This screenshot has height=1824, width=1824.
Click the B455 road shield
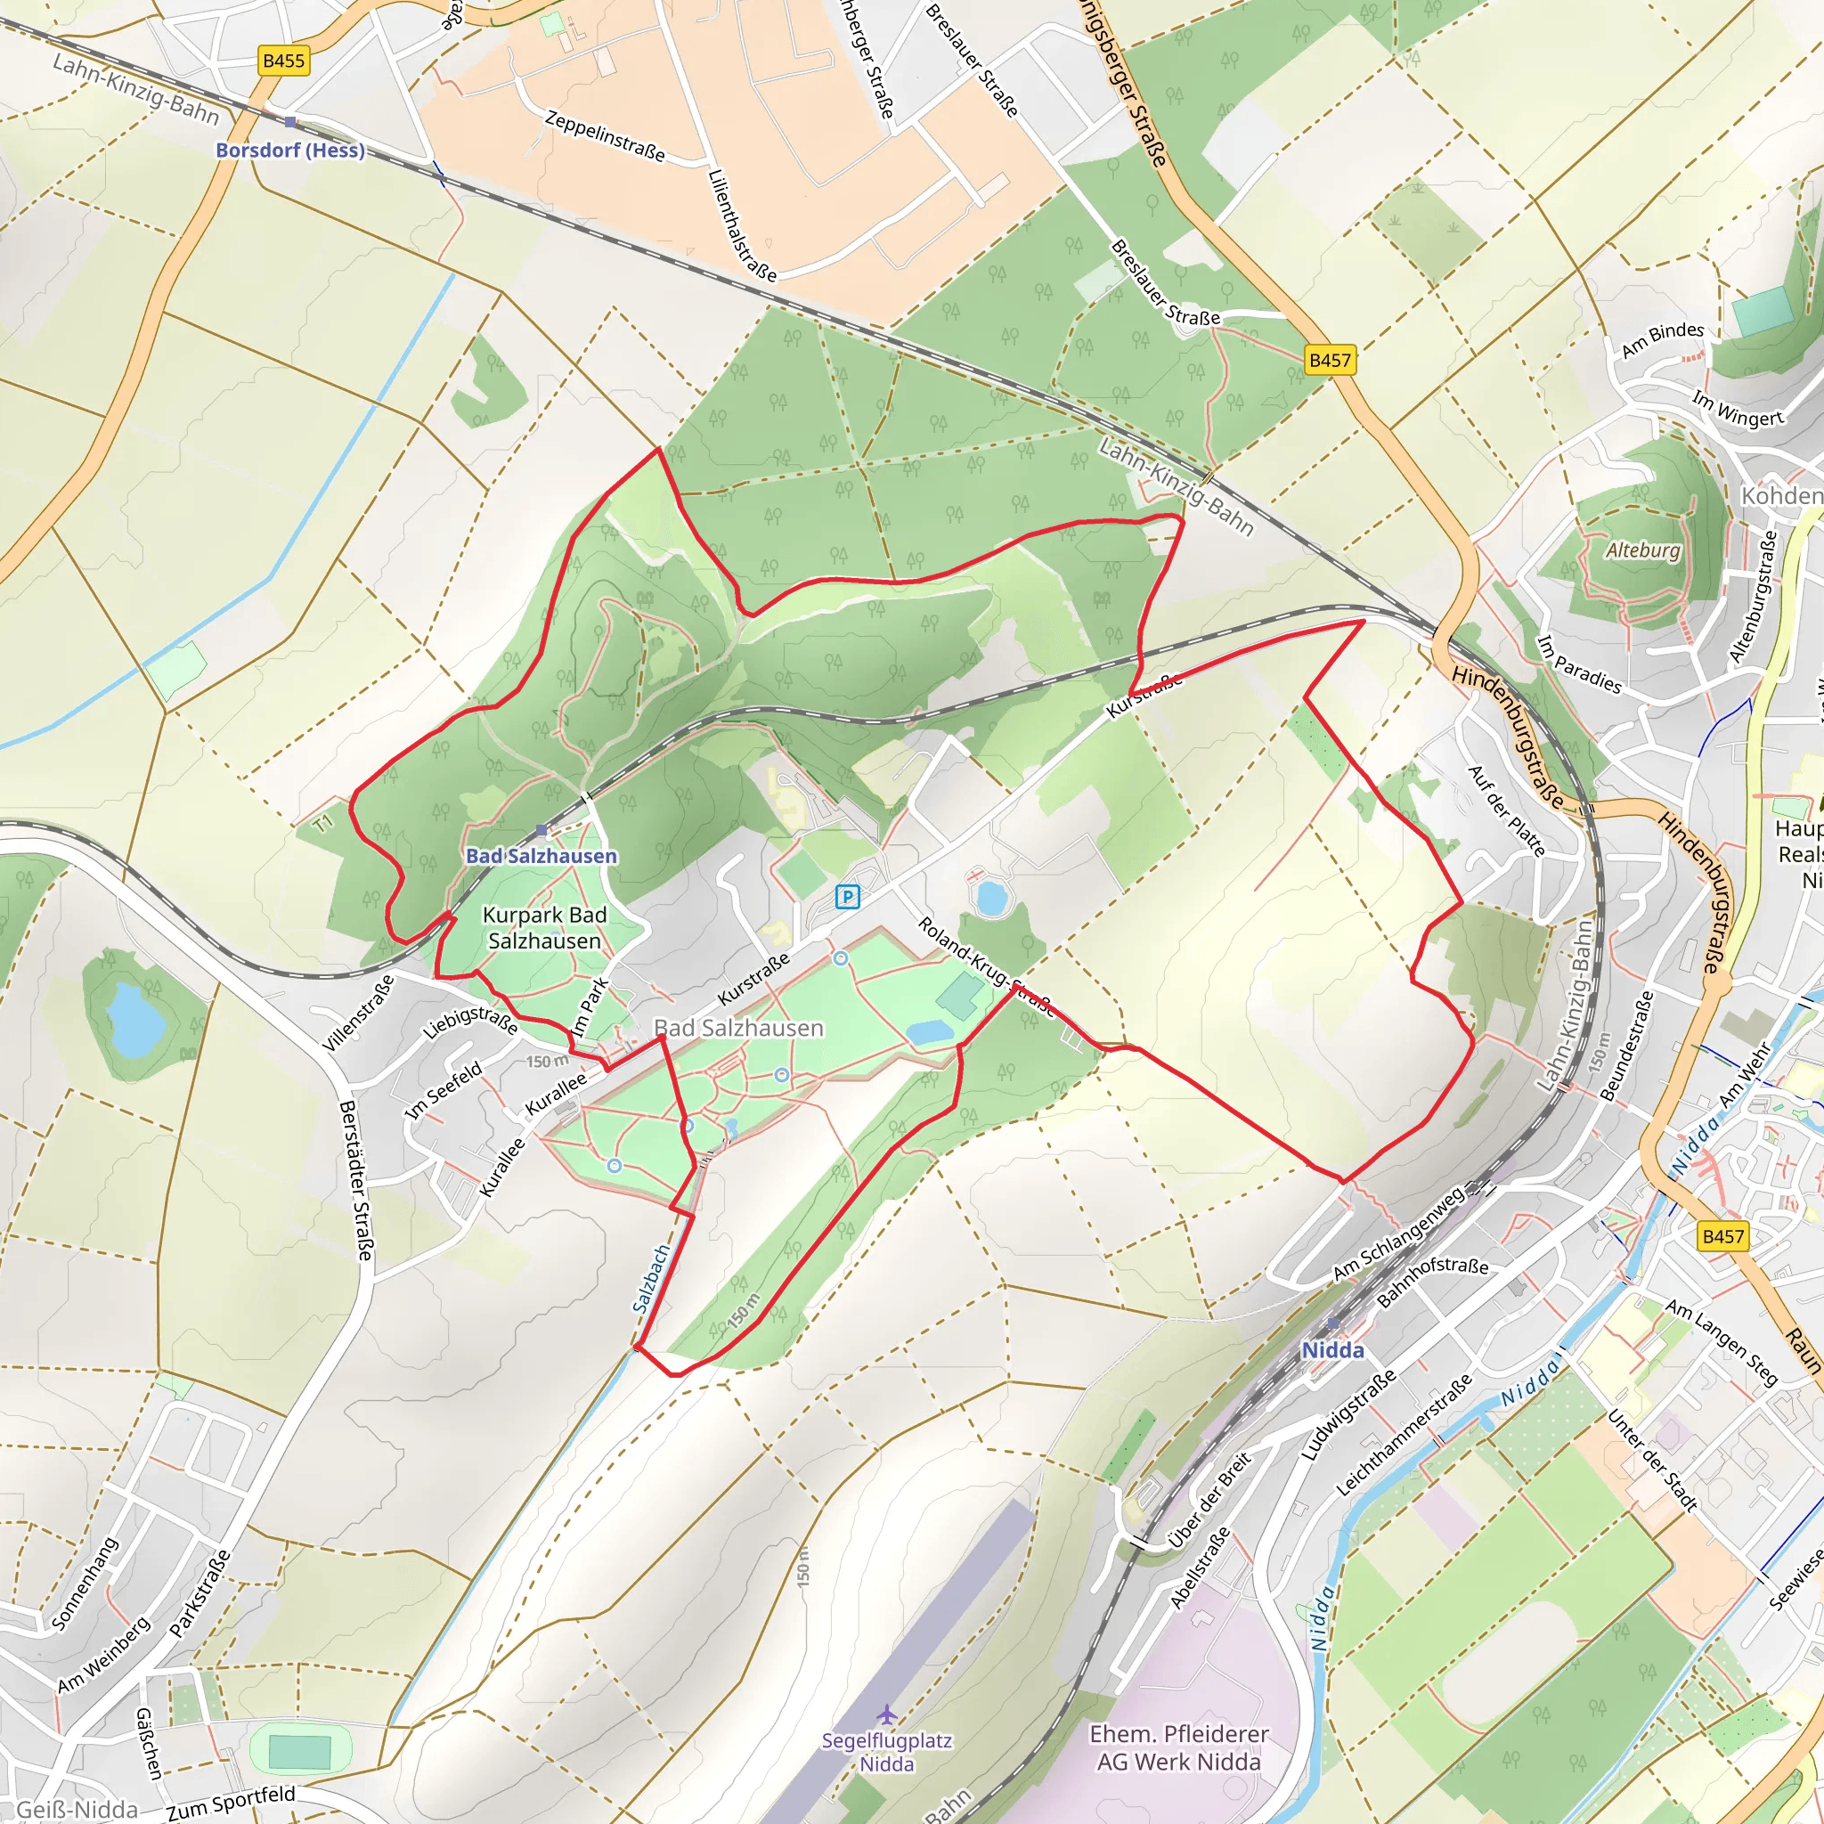pos(283,61)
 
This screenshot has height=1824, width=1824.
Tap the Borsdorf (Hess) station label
pos(289,151)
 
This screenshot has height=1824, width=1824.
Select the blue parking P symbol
pos(848,897)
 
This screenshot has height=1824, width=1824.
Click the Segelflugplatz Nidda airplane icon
pos(885,1714)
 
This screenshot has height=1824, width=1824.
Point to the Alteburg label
pos(1644,550)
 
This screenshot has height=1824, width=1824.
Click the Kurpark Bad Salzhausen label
pos(545,928)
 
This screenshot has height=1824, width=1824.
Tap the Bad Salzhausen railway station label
pos(541,856)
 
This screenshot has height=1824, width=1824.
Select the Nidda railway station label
pos(1332,1351)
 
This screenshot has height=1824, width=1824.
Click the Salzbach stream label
pos(650,1279)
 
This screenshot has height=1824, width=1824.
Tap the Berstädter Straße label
pos(356,1180)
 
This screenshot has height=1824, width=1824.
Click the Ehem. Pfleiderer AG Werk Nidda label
pos(1179,1747)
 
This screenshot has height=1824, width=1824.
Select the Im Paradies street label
pos(1579,664)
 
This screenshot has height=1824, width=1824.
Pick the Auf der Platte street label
pos(1507,811)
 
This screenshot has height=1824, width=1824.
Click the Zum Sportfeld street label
pos(232,1804)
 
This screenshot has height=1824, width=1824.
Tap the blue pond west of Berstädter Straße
pos(136,1019)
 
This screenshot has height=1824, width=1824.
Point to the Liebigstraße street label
pos(469,1022)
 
